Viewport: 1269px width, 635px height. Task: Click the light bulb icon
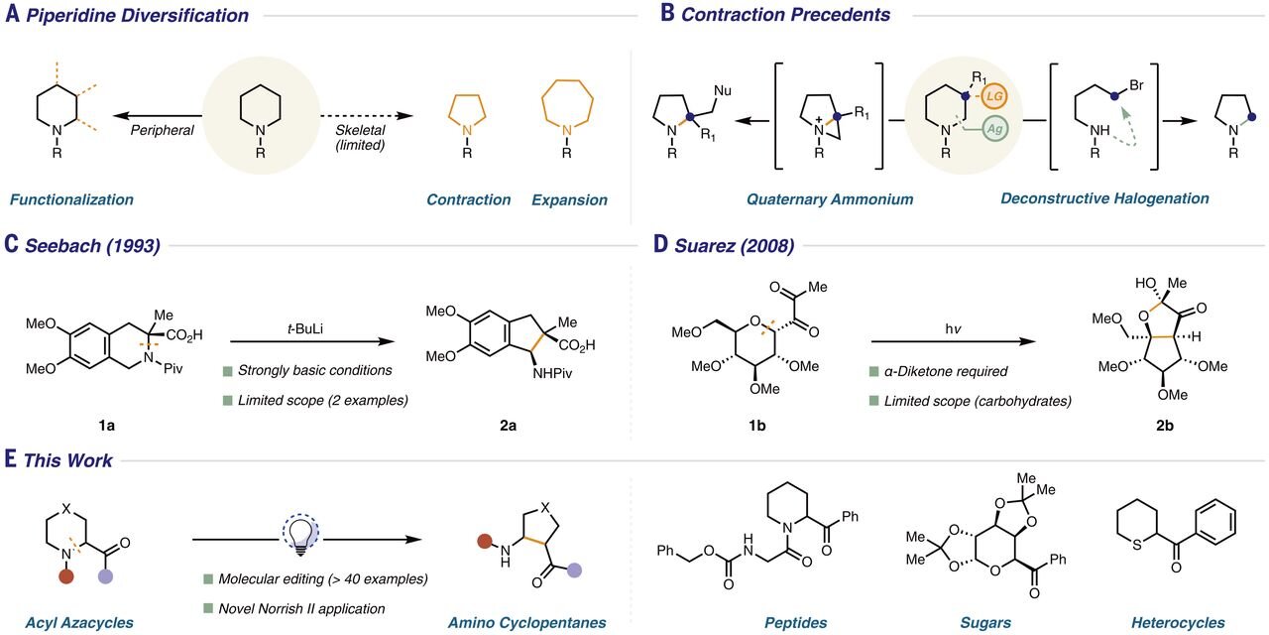300,535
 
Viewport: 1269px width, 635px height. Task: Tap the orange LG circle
994,96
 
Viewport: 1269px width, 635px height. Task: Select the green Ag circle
994,129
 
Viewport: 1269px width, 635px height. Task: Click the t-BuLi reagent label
305,328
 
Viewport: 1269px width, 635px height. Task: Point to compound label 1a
106,425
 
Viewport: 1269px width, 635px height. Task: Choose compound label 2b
1165,426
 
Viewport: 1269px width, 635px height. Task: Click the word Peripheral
162,130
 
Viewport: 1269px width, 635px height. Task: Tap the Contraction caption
469,199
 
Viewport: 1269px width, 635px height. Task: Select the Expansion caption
569,199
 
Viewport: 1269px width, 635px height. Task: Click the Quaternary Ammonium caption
830,199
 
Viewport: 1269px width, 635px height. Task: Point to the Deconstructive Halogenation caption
1104,198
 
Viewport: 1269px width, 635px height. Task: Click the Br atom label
1136,85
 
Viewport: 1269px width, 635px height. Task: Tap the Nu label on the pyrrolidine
723,90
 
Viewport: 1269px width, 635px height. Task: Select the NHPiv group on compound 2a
552,373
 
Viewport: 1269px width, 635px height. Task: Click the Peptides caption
795,622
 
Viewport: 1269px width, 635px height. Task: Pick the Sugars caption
985,622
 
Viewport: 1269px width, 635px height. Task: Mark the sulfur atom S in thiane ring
1136,546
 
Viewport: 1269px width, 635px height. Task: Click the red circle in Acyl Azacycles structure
66,576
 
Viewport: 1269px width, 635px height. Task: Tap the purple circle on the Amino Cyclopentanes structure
574,570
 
